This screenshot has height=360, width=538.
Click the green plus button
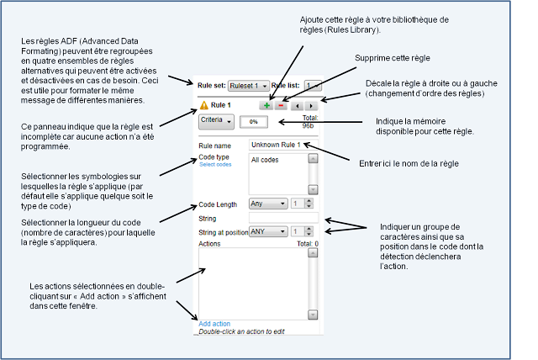[x=266, y=106]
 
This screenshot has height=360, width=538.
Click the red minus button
[x=281, y=106]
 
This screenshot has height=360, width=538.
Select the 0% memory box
[x=247, y=122]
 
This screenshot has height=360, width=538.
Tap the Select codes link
[x=214, y=165]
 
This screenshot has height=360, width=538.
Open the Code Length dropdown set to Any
[x=268, y=204]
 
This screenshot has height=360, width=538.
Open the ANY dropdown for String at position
[x=268, y=231]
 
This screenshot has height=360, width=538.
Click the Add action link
[x=214, y=324]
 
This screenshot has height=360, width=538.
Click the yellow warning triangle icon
[x=203, y=105]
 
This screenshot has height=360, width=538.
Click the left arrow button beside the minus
[x=296, y=106]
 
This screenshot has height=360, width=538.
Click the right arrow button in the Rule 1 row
[x=311, y=106]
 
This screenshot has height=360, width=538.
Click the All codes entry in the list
[x=265, y=160]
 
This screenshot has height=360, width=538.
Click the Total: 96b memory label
[x=308, y=122]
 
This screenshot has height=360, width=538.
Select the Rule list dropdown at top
[x=312, y=86]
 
